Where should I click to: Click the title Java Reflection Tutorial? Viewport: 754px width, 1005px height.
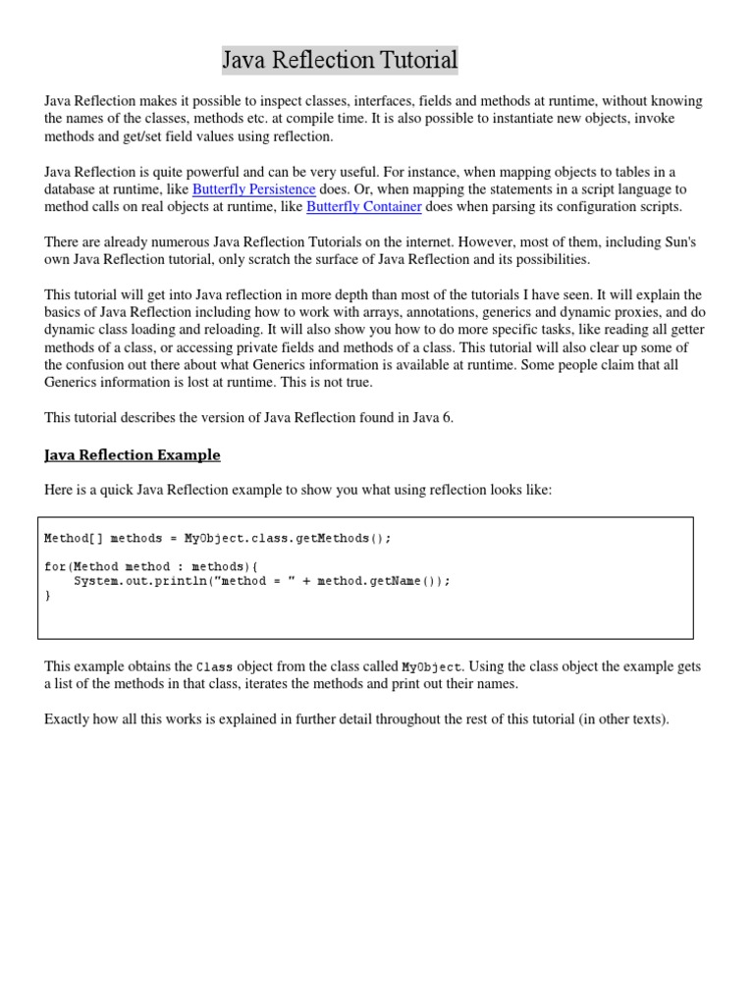340,61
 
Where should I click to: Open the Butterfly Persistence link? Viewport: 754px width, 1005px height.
253,188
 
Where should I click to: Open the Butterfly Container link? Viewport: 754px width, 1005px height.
364,206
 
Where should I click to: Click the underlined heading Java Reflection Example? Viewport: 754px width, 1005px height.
133,454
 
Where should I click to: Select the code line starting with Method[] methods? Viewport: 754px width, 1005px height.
217,538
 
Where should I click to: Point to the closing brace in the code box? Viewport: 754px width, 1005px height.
47,595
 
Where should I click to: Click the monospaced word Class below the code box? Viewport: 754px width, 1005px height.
215,666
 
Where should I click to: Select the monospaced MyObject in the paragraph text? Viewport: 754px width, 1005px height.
431,666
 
